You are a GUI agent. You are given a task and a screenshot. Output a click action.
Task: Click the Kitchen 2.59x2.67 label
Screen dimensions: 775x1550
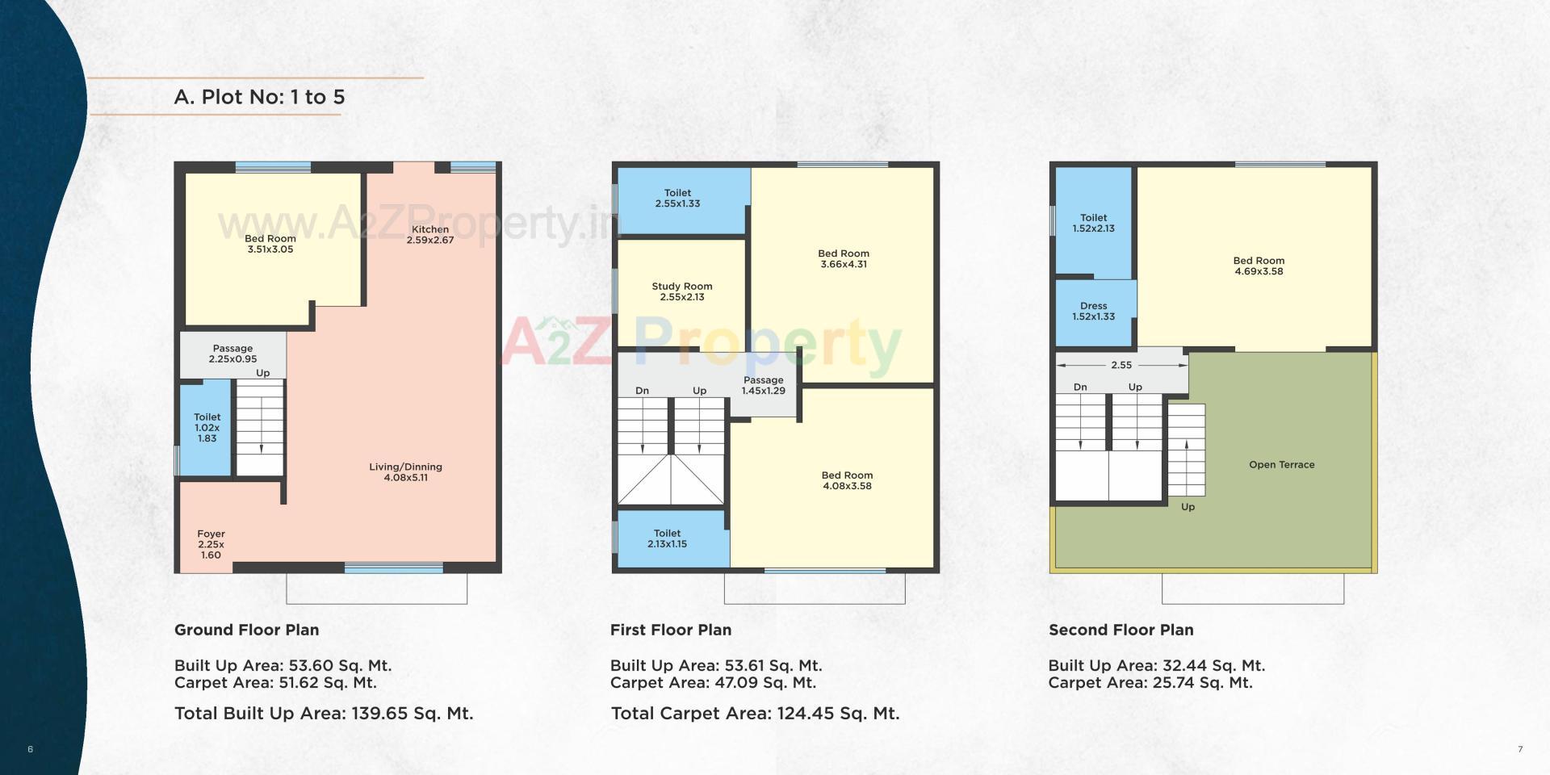(x=429, y=235)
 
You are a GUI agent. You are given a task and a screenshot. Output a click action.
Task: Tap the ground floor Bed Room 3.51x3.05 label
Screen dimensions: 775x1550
(x=270, y=244)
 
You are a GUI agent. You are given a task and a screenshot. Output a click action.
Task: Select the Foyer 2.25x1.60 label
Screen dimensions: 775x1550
(x=211, y=544)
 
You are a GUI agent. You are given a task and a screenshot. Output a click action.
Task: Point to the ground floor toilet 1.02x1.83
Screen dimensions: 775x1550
(x=207, y=428)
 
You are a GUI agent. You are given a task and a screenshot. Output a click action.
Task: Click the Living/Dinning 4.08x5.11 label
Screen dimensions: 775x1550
(x=405, y=472)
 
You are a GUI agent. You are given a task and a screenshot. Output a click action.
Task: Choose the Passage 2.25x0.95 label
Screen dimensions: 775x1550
(x=232, y=354)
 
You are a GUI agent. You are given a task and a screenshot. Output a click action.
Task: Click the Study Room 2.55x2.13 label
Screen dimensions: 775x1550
(x=682, y=291)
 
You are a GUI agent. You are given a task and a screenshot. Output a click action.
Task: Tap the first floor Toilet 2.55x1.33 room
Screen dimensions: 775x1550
(x=677, y=199)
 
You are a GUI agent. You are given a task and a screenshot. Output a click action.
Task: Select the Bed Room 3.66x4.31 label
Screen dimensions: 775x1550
(x=844, y=258)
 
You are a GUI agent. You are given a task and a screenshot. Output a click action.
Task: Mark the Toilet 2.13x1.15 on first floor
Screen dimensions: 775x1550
(x=667, y=538)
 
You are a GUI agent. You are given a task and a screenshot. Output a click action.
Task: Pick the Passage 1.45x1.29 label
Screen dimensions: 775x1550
(x=763, y=385)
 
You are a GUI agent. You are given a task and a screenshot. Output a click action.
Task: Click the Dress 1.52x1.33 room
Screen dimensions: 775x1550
(x=1093, y=311)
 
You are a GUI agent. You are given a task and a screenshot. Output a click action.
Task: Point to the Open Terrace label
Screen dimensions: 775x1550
(x=1281, y=465)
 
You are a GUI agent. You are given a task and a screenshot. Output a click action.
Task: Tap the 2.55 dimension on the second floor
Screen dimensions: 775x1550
(x=1121, y=365)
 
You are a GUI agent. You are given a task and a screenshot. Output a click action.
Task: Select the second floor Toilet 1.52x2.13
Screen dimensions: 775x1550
(x=1093, y=223)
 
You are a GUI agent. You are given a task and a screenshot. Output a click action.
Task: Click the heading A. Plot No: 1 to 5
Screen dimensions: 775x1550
(x=259, y=97)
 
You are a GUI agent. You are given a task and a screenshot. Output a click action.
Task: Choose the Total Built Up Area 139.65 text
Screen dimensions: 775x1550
(x=324, y=714)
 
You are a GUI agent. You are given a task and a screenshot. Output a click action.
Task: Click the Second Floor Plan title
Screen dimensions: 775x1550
(x=1121, y=630)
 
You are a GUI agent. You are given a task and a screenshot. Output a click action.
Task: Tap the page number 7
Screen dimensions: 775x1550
(x=1520, y=749)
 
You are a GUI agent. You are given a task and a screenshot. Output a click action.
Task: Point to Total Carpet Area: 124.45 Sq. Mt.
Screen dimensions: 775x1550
(x=755, y=714)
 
